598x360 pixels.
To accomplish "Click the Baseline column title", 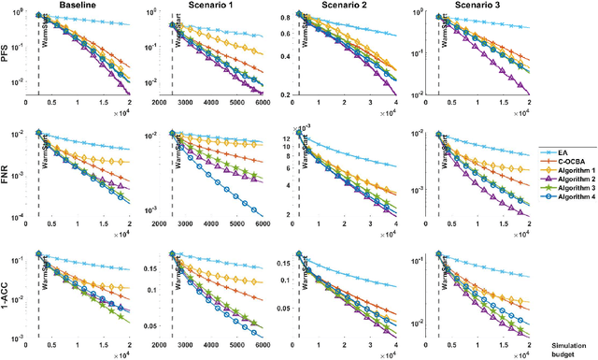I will [x=77, y=6].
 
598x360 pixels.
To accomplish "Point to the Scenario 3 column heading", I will [x=467, y=6].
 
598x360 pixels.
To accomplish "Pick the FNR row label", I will [x=7, y=175].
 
